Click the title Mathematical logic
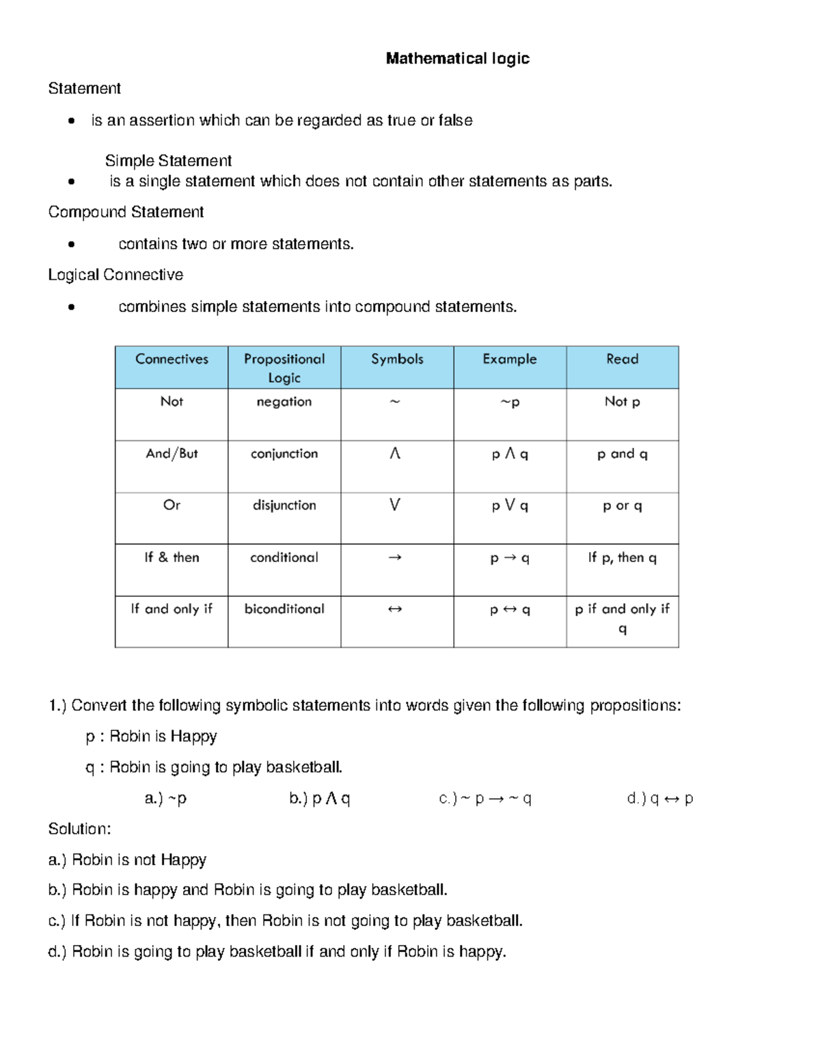click(457, 59)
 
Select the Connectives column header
click(172, 359)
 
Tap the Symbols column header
click(397, 359)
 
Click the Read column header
click(622, 359)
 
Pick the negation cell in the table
click(284, 402)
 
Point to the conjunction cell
click(284, 454)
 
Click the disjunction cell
click(284, 505)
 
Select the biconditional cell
click(284, 609)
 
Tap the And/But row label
click(172, 454)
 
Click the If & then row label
click(172, 557)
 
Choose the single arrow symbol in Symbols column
click(395, 557)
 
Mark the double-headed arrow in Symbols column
click(395, 609)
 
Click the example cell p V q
click(510, 506)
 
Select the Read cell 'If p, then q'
click(622, 558)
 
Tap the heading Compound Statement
click(126, 213)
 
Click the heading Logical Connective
click(115, 275)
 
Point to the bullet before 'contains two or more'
click(71, 244)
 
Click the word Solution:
click(79, 829)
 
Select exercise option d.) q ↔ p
click(659, 799)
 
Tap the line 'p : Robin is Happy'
click(151, 736)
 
